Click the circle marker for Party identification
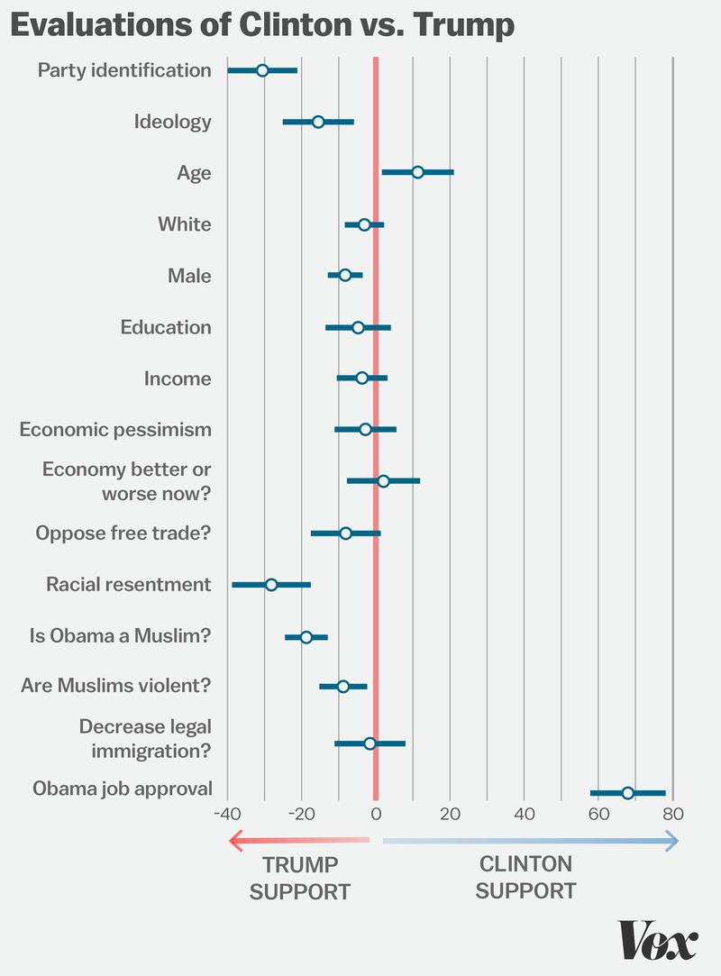[262, 70]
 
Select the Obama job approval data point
[627, 793]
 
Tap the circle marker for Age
[417, 172]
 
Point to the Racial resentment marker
[271, 585]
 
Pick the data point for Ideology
[318, 122]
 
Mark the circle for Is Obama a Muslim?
[306, 637]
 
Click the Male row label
[189, 276]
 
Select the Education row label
[166, 327]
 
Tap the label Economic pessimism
[115, 429]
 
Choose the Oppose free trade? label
[123, 533]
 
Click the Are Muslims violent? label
[115, 686]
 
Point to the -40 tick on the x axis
[227, 813]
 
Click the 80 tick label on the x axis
[672, 813]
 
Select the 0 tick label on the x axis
[376, 813]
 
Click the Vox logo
[658, 942]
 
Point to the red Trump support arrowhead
[235, 842]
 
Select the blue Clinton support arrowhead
[672, 842]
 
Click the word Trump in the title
[464, 26]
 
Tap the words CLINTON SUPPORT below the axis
[525, 877]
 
